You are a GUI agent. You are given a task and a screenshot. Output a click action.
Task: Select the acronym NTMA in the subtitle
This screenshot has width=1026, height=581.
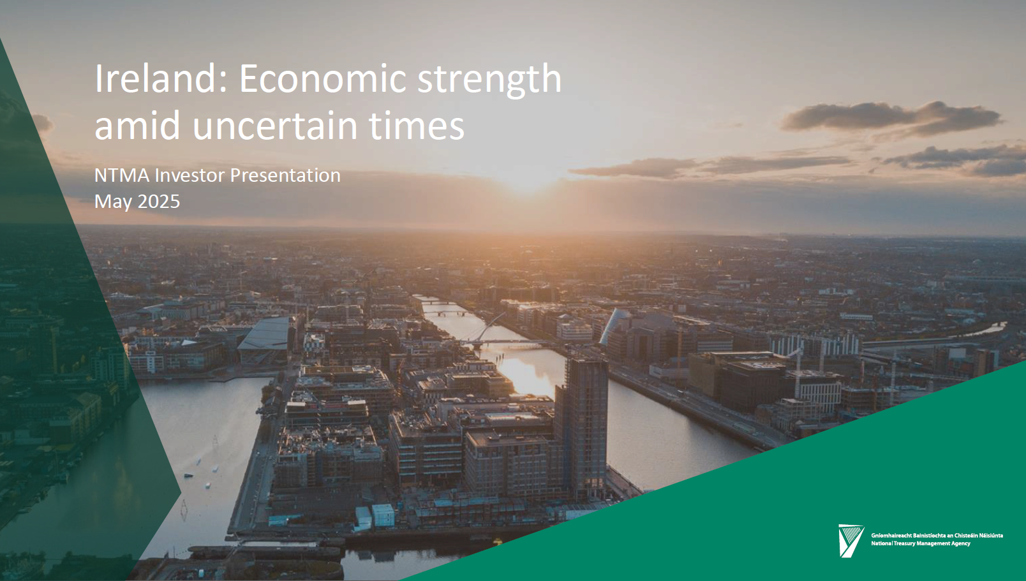pyautogui.click(x=122, y=175)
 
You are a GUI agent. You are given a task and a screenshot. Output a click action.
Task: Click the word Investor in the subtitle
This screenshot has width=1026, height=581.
pyautogui.click(x=190, y=175)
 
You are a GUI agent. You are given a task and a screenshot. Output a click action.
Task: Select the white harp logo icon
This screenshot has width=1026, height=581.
pyautogui.click(x=851, y=541)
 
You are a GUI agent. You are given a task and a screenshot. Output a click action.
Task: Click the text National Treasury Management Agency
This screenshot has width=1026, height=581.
pyautogui.click(x=921, y=543)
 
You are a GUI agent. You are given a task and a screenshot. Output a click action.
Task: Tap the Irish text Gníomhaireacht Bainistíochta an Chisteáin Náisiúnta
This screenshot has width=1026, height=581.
pyautogui.click(x=937, y=535)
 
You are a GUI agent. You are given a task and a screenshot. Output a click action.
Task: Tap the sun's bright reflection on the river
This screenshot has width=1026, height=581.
pyautogui.click(x=527, y=376)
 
